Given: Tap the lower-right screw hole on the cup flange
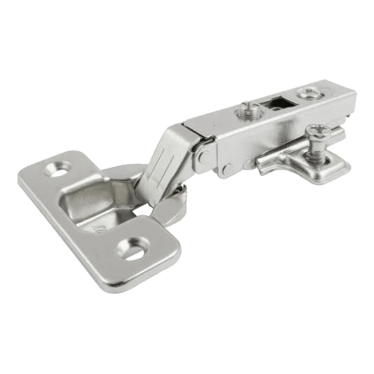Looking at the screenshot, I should coord(131,247).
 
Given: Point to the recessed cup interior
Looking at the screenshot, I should coord(93,200).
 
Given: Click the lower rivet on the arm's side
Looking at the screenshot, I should coord(227,171).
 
